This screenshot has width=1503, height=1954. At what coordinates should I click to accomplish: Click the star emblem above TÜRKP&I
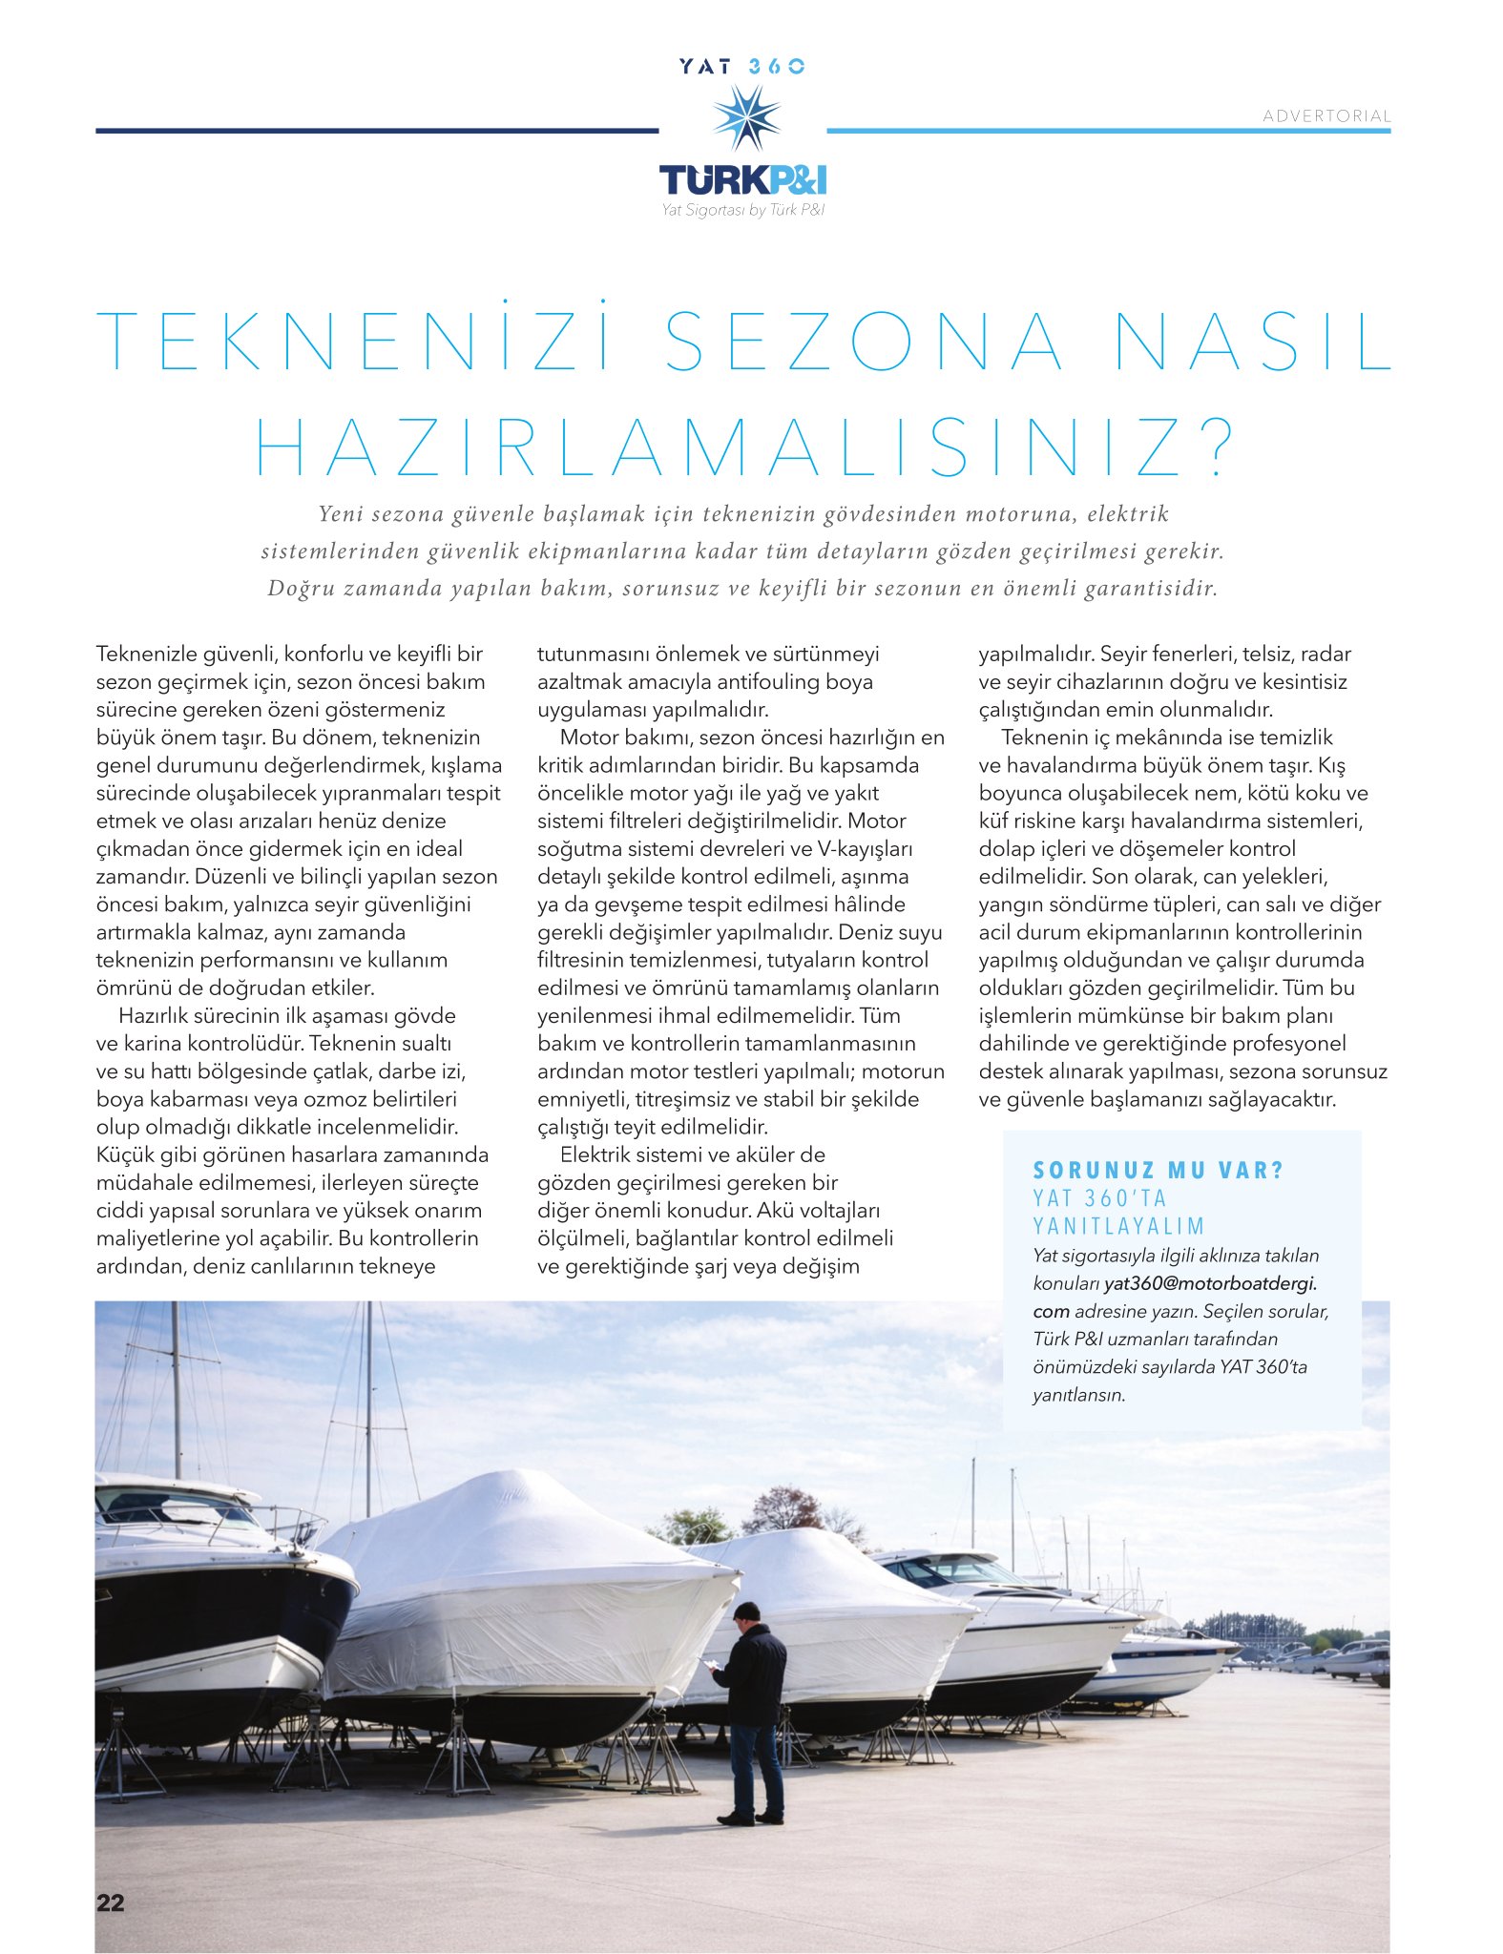(x=745, y=117)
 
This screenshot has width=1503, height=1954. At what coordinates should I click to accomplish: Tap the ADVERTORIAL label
(x=1326, y=115)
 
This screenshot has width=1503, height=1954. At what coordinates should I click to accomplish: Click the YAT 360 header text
(x=742, y=66)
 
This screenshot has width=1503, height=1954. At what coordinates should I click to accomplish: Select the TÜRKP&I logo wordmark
(x=742, y=179)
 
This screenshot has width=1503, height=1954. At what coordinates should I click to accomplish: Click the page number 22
(x=110, y=1902)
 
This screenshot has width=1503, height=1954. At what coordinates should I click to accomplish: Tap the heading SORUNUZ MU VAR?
(x=1159, y=1170)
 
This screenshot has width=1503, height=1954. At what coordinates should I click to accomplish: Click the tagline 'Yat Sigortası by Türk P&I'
(x=742, y=210)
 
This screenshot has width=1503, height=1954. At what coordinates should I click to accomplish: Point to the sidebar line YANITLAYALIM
(x=1119, y=1225)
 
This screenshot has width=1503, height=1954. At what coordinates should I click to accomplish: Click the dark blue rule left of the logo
(x=377, y=131)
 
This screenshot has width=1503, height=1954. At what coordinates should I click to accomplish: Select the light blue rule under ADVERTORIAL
(x=1107, y=131)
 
